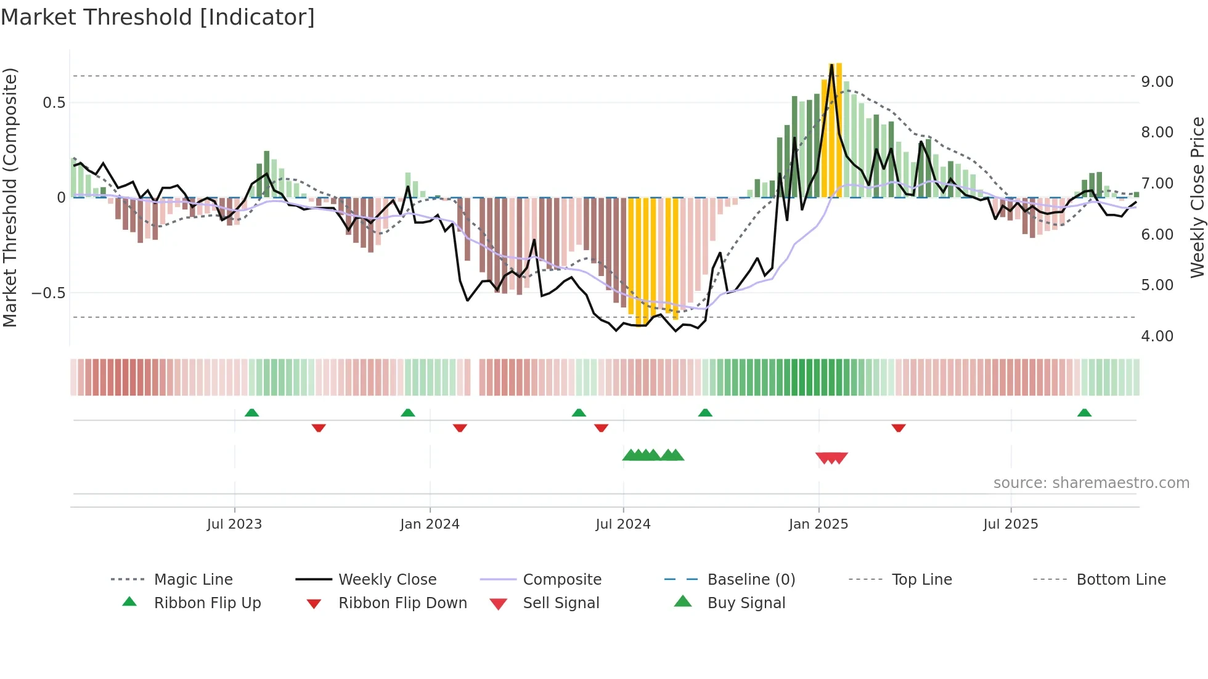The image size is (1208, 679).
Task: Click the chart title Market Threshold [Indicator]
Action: tap(158, 17)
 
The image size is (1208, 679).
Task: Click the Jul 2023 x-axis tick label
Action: tap(234, 524)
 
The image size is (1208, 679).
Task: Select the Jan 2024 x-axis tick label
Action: tap(430, 524)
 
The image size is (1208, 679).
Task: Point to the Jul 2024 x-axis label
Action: tap(623, 524)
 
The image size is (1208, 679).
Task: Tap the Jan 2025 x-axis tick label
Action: tap(818, 524)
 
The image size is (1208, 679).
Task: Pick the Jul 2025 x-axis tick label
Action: tap(1011, 524)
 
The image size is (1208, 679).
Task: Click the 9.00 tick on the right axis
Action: tap(1157, 82)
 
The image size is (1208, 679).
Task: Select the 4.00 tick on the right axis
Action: tap(1157, 336)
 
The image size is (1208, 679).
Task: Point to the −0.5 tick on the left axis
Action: tap(49, 293)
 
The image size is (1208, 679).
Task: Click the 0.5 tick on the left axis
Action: tap(54, 103)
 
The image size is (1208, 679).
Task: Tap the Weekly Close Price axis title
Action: tap(1197, 197)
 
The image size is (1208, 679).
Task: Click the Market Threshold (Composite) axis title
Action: tap(10, 197)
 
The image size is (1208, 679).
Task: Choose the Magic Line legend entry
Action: tap(193, 580)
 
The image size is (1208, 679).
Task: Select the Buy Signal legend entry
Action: tap(746, 603)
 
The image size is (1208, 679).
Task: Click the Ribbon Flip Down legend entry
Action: tap(402, 603)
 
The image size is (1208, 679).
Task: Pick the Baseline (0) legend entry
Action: tap(751, 580)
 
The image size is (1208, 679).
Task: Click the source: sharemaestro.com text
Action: tap(1091, 483)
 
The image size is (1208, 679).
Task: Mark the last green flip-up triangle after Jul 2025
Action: tap(1084, 413)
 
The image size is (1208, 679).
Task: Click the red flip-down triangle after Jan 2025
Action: tap(898, 428)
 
